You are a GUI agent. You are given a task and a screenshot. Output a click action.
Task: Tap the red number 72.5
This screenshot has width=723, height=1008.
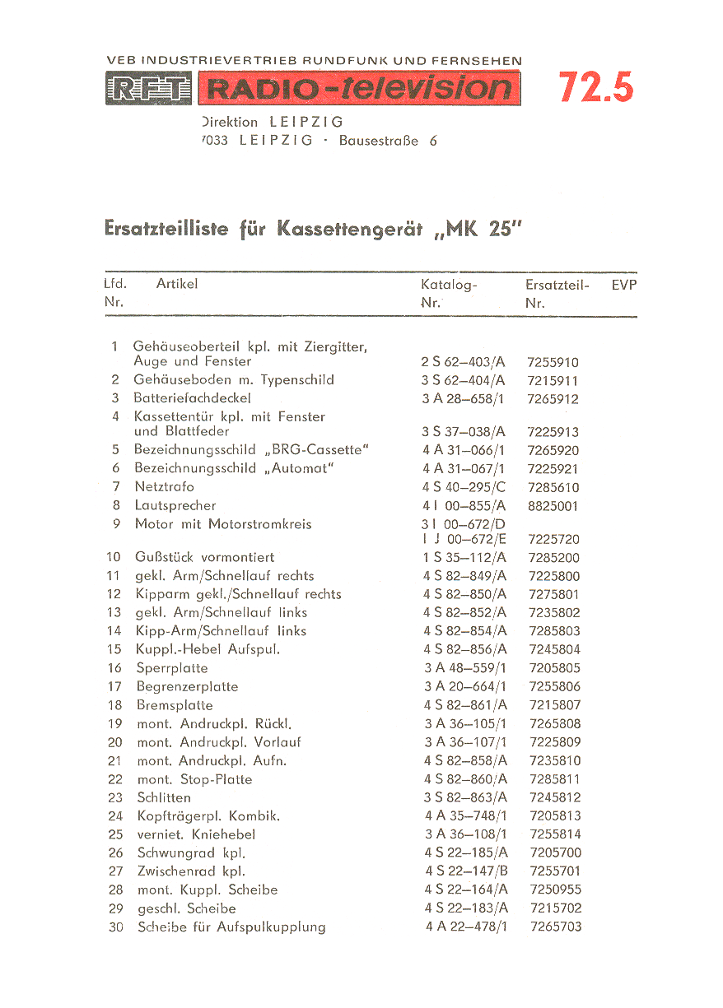pos(596,87)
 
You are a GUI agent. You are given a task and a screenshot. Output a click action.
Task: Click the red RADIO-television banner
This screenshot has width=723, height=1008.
pos(358,89)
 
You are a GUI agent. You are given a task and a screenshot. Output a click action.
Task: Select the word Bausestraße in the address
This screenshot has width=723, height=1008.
pos(380,141)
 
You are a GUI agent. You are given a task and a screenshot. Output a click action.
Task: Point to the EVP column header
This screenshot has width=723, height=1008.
pos(624,285)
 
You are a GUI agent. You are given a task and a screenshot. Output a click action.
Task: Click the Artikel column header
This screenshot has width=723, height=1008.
pos(177,284)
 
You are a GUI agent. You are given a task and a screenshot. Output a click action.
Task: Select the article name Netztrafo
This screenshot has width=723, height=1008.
pos(165,487)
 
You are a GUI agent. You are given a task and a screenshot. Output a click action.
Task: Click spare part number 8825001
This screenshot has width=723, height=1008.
pos(553,506)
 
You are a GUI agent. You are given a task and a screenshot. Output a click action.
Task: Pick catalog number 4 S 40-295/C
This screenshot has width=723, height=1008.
pos(464,487)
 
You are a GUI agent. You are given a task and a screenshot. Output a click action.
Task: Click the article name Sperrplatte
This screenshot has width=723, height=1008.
pos(172,668)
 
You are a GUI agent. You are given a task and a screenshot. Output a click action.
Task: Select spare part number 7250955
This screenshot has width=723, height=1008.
pos(555,890)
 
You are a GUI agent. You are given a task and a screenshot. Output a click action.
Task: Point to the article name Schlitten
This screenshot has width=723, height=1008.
pos(164,797)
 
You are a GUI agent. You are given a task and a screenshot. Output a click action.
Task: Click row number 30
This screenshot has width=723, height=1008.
pos(116,927)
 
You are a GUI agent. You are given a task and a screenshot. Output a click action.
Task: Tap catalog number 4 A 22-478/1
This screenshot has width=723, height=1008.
pos(466,927)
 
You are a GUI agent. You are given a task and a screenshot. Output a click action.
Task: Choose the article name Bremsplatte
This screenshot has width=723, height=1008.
pos(175,705)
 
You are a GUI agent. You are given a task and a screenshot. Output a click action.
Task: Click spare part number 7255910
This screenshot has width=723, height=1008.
pos(553,362)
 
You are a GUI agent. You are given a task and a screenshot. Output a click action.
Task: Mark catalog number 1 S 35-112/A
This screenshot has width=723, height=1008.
pos(464,558)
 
